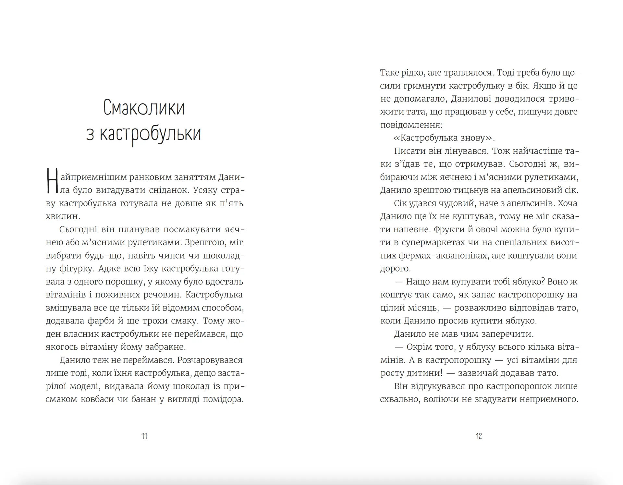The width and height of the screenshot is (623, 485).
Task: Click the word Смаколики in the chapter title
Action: pos(144,108)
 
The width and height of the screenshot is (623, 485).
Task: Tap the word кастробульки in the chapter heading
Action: pos(150,134)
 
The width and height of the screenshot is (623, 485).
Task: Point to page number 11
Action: pos(144,436)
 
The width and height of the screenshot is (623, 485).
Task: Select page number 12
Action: pos(479,436)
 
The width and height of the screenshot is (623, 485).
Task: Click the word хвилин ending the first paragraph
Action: pos(62,216)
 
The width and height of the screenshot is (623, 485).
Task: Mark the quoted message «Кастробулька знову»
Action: pos(444,138)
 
